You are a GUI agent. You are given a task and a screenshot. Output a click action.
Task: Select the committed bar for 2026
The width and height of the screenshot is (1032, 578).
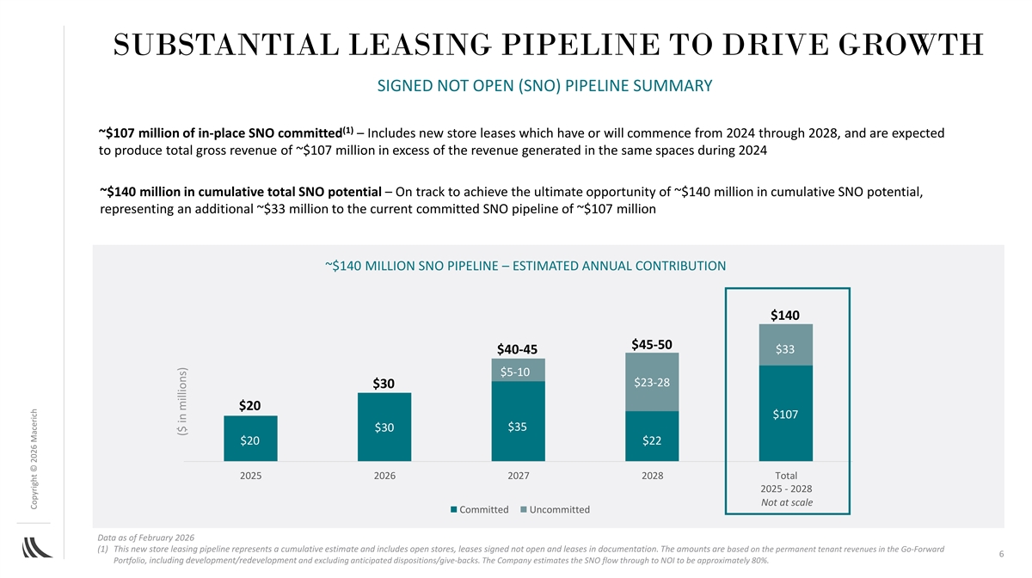(x=384, y=427)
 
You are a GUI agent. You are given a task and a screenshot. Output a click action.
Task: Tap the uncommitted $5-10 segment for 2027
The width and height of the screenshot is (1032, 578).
(x=519, y=371)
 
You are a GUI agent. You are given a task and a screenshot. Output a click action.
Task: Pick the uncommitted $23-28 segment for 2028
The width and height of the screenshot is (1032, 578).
(x=652, y=382)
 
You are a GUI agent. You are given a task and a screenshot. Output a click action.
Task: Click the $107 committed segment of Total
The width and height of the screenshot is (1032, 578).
(x=786, y=414)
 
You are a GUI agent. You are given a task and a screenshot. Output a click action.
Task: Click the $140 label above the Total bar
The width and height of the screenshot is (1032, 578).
(x=785, y=315)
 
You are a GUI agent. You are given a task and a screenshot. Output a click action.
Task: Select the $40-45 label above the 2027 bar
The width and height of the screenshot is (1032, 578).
(x=517, y=349)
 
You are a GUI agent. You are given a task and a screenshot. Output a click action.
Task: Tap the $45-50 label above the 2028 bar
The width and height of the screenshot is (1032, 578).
(x=652, y=344)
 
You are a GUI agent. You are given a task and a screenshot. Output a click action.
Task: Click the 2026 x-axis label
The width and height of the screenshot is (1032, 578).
(x=384, y=476)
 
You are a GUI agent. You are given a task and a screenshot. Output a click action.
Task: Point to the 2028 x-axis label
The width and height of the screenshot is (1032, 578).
(x=652, y=476)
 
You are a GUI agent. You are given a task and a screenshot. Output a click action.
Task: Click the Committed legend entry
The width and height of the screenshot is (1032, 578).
(x=479, y=510)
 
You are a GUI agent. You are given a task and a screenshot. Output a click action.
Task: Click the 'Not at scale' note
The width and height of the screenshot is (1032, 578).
(x=786, y=502)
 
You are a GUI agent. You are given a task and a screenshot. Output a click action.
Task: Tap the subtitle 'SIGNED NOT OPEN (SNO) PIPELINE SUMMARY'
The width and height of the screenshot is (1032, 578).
(x=541, y=86)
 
